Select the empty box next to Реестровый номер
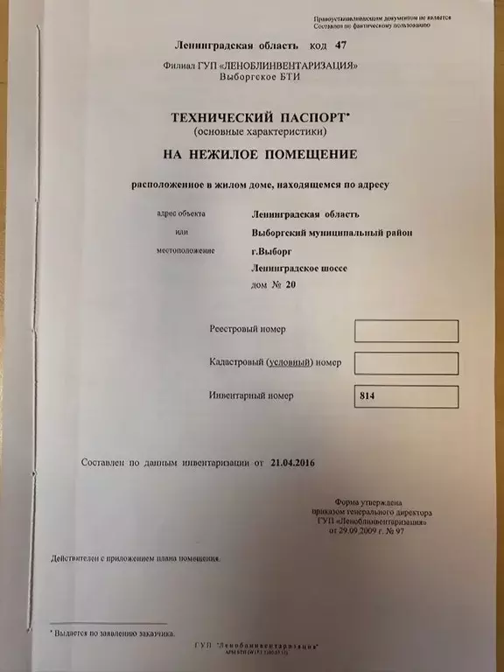point(406,330)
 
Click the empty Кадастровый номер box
point(406,362)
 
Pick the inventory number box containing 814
point(406,395)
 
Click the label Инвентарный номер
point(252,395)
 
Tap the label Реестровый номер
point(248,329)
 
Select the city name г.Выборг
point(270,252)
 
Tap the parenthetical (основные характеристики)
point(250,131)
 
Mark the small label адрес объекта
point(180,213)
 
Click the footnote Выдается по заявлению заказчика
point(115,632)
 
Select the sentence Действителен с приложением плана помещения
point(136,557)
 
